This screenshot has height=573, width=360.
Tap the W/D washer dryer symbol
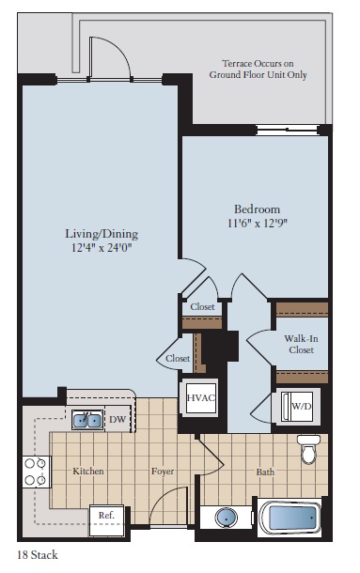pos(300,407)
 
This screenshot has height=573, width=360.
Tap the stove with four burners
pos(35,472)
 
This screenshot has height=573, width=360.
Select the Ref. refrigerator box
pos(105,516)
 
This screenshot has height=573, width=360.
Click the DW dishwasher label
pos(118,420)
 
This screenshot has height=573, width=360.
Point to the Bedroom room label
pos(258,209)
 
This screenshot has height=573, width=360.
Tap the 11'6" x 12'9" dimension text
pos(258,224)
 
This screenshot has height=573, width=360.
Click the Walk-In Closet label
pos(301,343)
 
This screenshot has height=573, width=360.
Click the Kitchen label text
pos(88,471)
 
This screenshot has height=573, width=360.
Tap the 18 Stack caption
pos(38,555)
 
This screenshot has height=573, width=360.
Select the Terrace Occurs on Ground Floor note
pos(258,68)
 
